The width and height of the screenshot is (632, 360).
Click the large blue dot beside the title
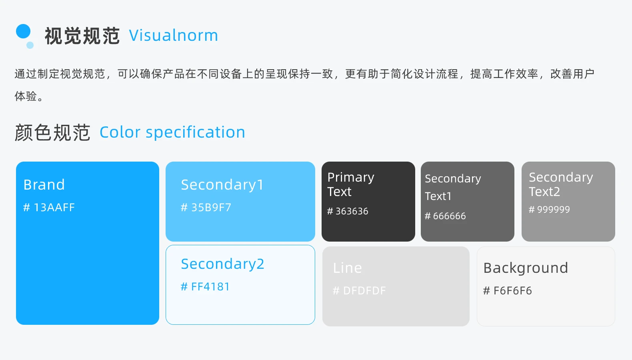[x=23, y=31]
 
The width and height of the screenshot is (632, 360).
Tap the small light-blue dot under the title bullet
[x=30, y=45]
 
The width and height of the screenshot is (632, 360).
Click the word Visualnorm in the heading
[x=174, y=36]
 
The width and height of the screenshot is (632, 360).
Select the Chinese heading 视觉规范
[x=82, y=36]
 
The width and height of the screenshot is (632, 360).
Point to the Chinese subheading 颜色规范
[x=52, y=132]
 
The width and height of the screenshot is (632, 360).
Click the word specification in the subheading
[x=195, y=132]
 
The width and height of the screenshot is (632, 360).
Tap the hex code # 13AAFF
[x=49, y=207]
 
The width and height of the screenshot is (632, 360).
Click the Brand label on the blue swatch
[x=44, y=185]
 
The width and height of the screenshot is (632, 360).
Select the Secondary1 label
[x=222, y=185]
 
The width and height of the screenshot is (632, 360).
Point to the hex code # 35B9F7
[x=206, y=207]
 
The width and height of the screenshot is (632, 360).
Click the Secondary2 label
[x=223, y=264]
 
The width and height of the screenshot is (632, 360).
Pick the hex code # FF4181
[x=205, y=287]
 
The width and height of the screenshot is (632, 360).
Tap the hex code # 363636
[x=348, y=211]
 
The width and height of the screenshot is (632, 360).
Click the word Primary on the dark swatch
[x=351, y=178]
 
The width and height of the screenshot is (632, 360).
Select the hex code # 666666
[x=445, y=216]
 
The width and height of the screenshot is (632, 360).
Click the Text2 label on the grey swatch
[x=544, y=192]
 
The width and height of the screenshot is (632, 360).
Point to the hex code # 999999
[x=549, y=209]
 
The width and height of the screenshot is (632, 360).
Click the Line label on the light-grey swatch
[x=347, y=268]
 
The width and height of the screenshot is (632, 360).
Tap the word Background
[x=526, y=268]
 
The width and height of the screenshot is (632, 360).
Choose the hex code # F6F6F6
[x=508, y=290]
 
